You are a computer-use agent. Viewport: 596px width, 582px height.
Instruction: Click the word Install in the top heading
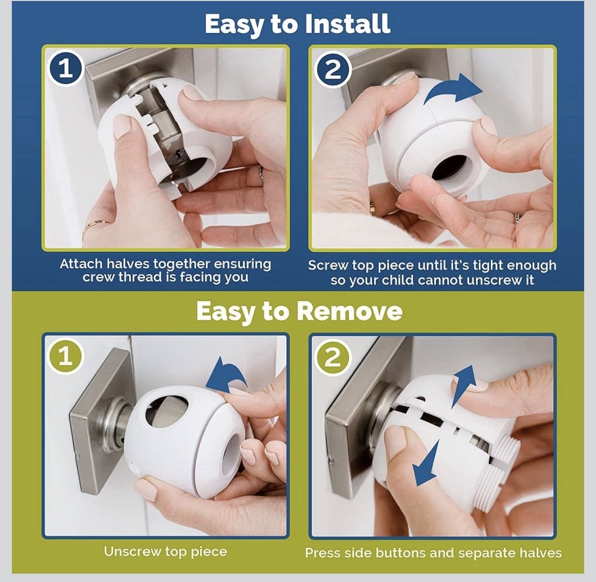tap(347, 24)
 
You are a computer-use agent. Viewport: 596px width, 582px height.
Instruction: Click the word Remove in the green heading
tap(349, 312)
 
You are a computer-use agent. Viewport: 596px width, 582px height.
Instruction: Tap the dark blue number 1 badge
tap(66, 69)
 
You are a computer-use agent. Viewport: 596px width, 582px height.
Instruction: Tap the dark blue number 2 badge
tap(332, 70)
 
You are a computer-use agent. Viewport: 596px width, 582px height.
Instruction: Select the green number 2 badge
tap(332, 357)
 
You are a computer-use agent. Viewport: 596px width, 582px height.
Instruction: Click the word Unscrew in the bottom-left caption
tap(132, 552)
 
